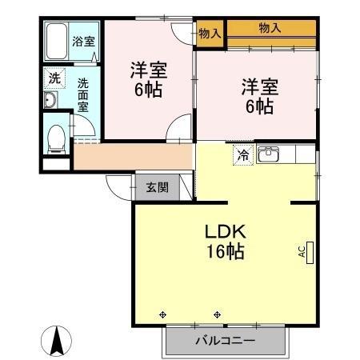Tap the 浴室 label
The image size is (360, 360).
(82, 42)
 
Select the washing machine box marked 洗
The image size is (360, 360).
(54, 79)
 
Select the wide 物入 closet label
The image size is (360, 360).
(270, 28)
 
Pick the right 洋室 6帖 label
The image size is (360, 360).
(258, 95)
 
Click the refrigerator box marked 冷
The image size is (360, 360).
(241, 155)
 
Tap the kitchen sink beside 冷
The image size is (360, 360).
(270, 154)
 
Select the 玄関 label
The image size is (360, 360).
(157, 188)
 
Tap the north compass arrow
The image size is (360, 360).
(58, 342)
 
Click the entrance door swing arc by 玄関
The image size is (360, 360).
(120, 188)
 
